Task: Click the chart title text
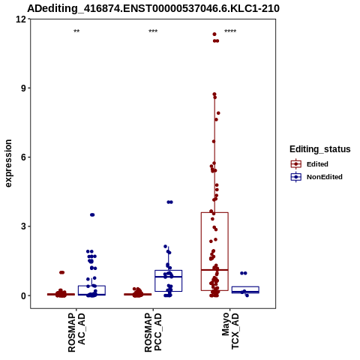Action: pos(153,8)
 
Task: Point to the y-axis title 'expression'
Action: pos(8,163)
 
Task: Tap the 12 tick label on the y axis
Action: pos(21,19)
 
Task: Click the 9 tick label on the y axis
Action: pos(24,88)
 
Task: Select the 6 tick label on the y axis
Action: pos(24,157)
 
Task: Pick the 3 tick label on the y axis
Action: pos(24,226)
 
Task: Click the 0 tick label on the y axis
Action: pos(24,295)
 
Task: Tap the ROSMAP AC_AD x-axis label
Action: pos(76,332)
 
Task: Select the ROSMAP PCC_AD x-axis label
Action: pos(153,332)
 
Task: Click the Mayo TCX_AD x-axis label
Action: pos(230,331)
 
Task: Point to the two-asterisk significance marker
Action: pos(76,31)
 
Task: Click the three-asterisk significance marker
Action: pos(153,31)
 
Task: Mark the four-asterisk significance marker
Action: pos(230,31)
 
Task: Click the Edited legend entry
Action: pos(309,164)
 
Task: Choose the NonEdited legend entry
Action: pos(316,177)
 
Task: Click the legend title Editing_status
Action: pos(320,149)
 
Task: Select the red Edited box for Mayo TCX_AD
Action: pos(214,251)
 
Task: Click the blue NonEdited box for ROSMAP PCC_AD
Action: pos(169,280)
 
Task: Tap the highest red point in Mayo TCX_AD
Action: pos(214,34)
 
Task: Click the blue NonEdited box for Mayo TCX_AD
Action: pos(245,290)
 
